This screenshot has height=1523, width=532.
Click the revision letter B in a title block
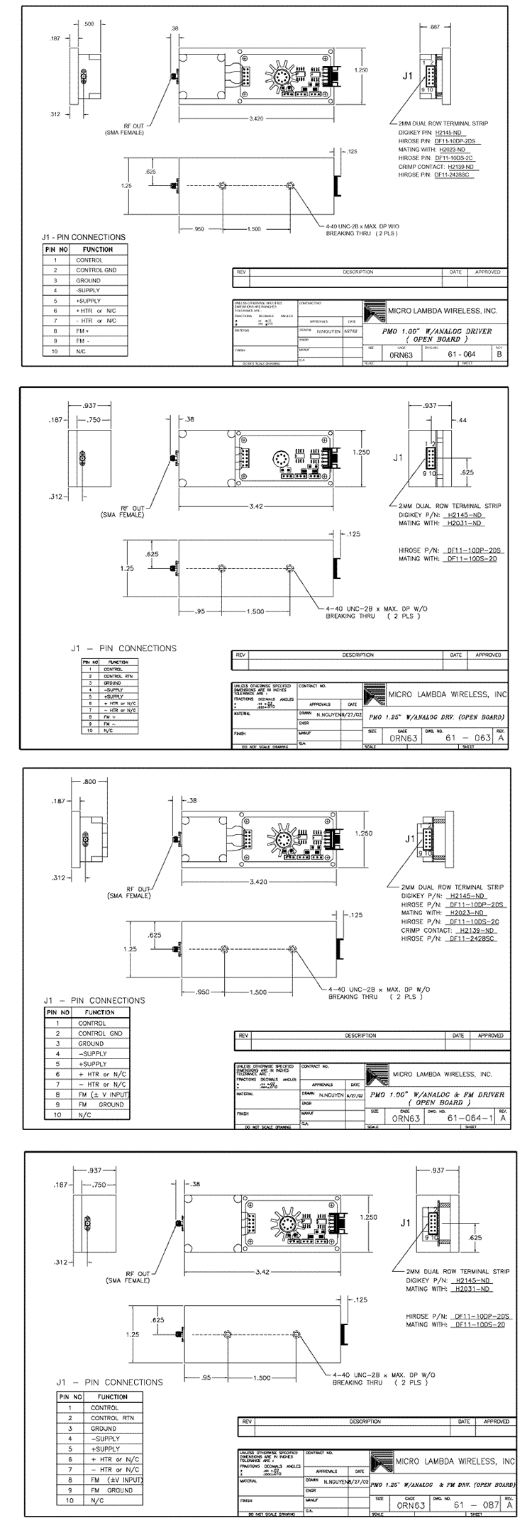point(499,355)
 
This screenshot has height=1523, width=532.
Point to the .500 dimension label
point(89,24)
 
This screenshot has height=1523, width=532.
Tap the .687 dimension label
point(435,27)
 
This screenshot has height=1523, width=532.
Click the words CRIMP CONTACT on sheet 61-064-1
point(426,930)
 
